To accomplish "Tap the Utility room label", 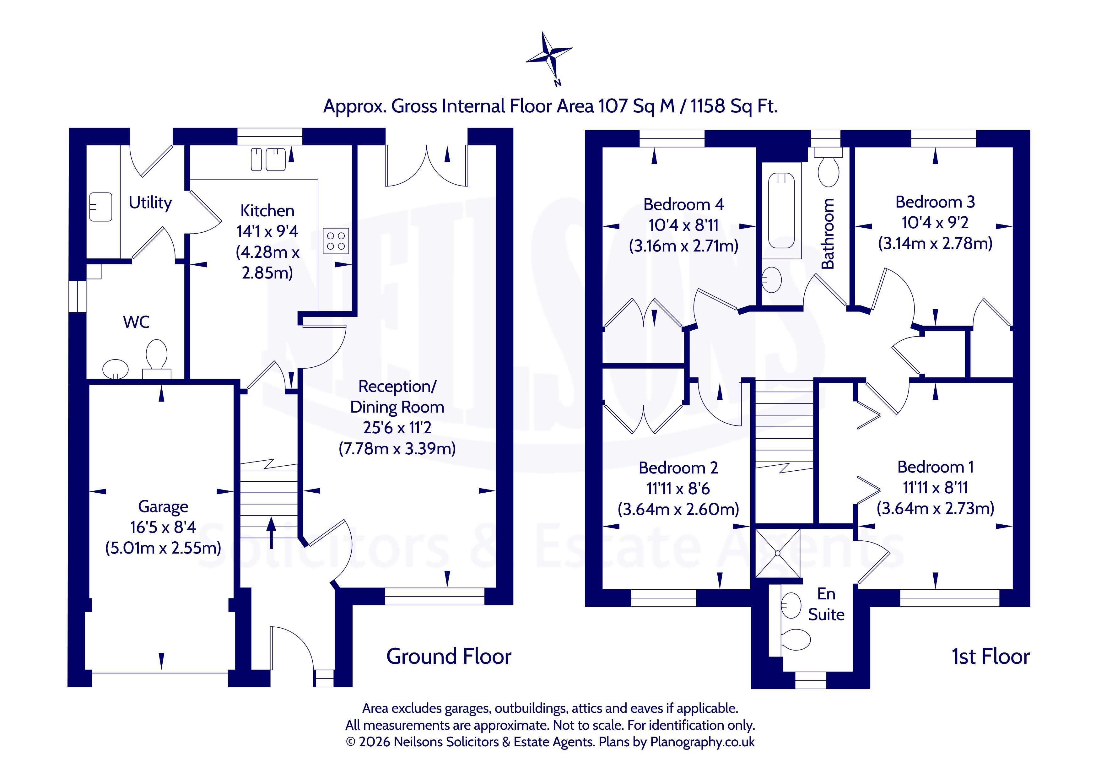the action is [150, 203].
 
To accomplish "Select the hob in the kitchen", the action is [336, 240].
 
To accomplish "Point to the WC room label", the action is [136, 322].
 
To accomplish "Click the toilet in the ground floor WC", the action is [156, 359].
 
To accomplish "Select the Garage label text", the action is [163, 506].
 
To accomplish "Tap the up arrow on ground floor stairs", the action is [272, 533].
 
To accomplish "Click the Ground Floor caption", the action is [449, 656].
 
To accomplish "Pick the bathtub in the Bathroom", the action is [782, 211].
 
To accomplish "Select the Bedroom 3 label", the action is [935, 202].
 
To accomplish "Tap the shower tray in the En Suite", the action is [778, 553].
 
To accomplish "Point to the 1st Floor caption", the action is [991, 656].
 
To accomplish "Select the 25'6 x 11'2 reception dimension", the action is [397, 427].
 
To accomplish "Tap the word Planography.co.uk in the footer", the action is [702, 742].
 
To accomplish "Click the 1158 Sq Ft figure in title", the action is [734, 106].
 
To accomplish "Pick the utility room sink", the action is [101, 207].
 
